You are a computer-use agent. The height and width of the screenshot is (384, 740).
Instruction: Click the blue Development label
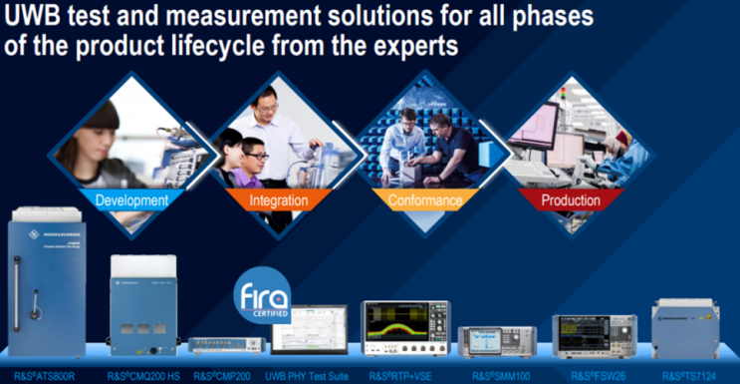point(130,199)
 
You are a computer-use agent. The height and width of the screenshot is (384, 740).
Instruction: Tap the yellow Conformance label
point(424,200)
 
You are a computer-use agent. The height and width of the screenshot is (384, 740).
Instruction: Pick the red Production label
point(570,200)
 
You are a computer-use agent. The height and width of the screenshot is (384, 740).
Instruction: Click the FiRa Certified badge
point(262,298)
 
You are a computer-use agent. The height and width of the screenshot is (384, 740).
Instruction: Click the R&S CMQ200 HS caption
point(145,377)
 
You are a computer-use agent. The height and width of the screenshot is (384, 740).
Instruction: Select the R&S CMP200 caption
point(226,377)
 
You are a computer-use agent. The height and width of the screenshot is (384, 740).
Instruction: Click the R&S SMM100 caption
point(495,377)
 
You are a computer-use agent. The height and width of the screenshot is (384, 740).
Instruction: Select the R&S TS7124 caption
point(690,377)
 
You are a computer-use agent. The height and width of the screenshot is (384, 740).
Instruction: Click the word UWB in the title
point(37,17)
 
